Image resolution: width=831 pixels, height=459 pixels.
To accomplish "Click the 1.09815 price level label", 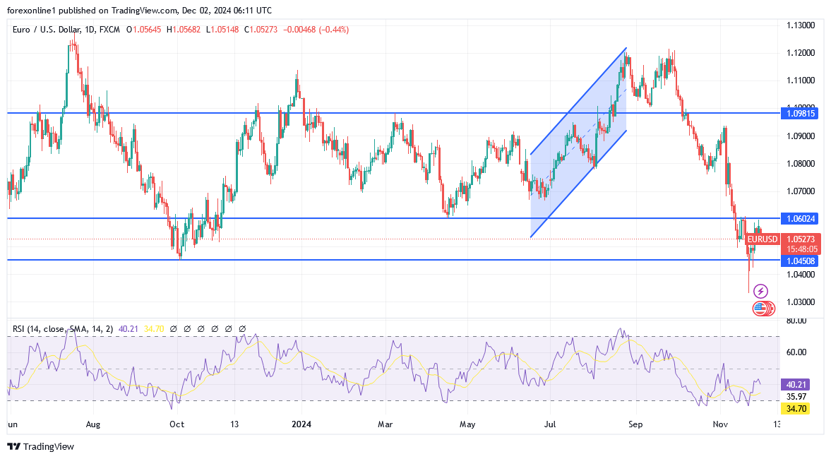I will click(800, 113).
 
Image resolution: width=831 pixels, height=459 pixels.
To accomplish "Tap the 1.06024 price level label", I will click(800, 218).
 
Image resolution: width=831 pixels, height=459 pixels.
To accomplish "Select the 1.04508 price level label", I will click(800, 261).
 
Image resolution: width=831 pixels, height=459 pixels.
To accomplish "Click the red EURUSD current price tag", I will click(763, 239).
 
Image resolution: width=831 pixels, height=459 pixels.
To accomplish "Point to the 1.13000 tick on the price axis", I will click(801, 25).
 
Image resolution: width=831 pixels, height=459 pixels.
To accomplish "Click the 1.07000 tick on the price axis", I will click(801, 191).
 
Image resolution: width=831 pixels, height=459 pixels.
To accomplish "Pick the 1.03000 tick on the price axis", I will click(801, 302).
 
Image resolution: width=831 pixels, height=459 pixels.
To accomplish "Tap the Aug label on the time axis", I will click(93, 424).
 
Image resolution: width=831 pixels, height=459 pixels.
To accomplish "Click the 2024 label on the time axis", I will click(301, 424).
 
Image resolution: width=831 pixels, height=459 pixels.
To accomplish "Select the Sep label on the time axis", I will click(635, 424).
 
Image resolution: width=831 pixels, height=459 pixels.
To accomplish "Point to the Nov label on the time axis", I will click(720, 424).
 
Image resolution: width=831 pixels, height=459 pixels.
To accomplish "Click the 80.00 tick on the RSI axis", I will click(796, 321).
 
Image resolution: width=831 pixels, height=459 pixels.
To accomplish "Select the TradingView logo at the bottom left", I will click(40, 446).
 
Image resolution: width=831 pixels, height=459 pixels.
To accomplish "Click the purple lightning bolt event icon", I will click(760, 291).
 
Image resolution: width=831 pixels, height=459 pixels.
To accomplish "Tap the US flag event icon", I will click(760, 307).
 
